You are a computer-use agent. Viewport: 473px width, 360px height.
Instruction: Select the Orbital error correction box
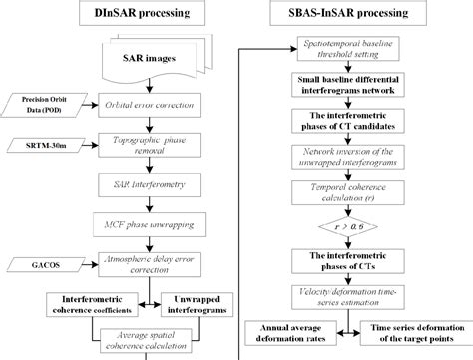click(x=151, y=105)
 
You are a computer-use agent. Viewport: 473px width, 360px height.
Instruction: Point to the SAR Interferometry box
click(x=151, y=185)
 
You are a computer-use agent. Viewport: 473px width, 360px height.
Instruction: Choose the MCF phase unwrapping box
click(x=151, y=225)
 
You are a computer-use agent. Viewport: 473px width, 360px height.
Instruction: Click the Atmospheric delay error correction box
click(x=151, y=264)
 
